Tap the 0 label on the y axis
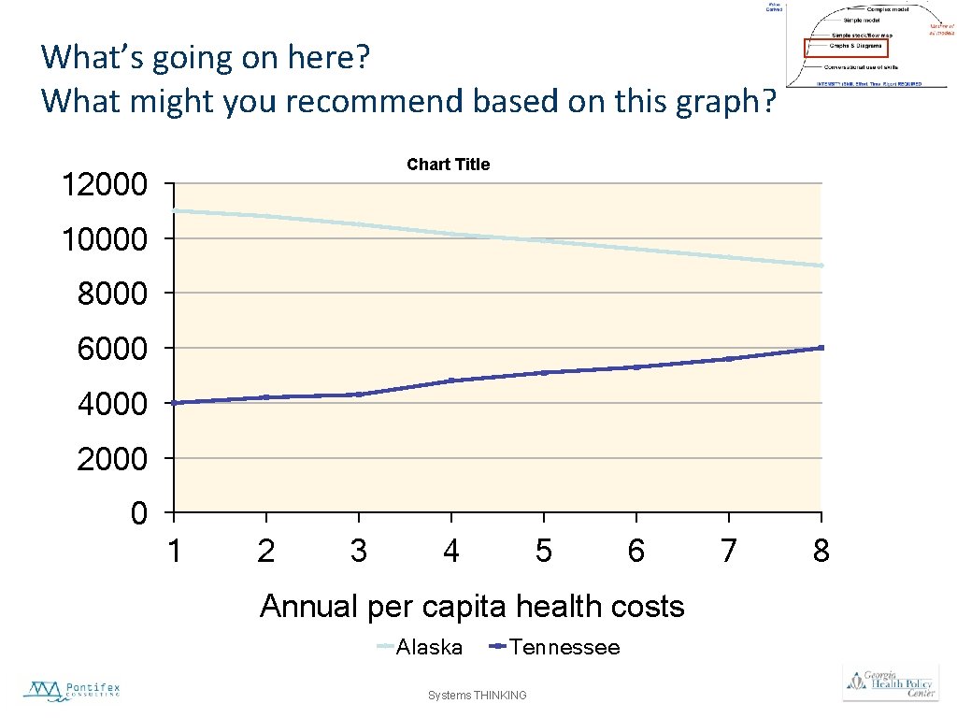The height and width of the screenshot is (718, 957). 138,514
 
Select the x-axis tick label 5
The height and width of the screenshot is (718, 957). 543,552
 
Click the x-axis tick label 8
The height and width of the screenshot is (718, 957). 821,552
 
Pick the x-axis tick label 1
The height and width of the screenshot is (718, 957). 174,552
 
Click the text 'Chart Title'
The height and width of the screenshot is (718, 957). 448,165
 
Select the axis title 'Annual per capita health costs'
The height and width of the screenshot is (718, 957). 472,607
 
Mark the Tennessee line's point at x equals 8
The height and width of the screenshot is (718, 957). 821,348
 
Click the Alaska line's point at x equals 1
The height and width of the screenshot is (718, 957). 175,210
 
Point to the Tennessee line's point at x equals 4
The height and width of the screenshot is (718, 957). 451,381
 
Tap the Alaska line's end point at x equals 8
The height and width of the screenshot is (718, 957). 821,266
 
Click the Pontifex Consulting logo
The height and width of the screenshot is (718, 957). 72,691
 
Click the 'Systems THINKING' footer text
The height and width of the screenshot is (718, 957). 477,696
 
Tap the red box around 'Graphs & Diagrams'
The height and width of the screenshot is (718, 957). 844,46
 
